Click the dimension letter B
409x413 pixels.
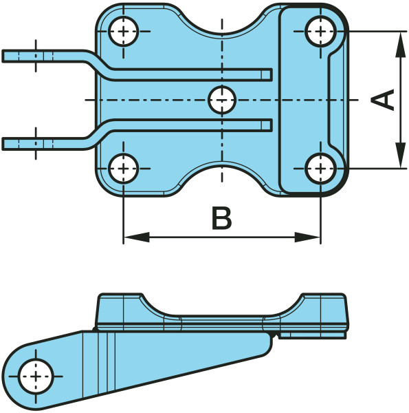point(222,218)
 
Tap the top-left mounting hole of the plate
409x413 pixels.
point(123,32)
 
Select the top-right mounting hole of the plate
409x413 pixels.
point(320,32)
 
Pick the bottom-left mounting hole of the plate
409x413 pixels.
point(123,169)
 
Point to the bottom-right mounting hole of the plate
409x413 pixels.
point(320,169)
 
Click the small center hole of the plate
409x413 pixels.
point(222,100)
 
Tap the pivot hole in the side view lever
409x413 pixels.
point(36,377)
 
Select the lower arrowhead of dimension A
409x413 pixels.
point(400,155)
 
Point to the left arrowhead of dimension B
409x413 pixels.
point(137,237)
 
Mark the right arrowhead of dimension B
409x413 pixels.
point(307,237)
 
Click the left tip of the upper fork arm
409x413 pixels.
point(2,56)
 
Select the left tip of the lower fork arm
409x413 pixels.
point(2,144)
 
